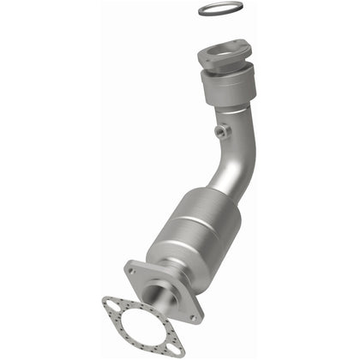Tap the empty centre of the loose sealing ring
pos(219,10)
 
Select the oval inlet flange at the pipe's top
pos(225,57)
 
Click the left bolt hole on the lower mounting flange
pos(132,272)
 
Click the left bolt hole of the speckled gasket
pos(108,303)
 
